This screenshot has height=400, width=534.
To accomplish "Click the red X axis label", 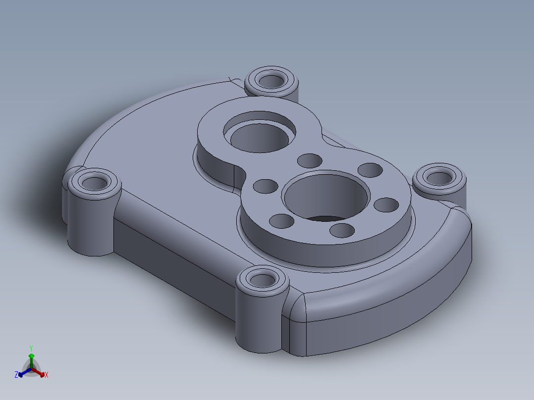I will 47,375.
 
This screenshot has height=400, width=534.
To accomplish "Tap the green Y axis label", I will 31,348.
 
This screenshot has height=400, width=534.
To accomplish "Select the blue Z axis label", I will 16,375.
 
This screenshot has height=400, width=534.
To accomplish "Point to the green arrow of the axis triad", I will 31,357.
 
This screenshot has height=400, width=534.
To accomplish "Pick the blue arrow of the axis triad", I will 22,373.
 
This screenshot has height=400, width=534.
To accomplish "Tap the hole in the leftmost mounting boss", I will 93,184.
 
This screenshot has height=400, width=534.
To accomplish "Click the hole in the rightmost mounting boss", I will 438,177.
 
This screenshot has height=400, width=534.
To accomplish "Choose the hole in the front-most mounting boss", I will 262,280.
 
